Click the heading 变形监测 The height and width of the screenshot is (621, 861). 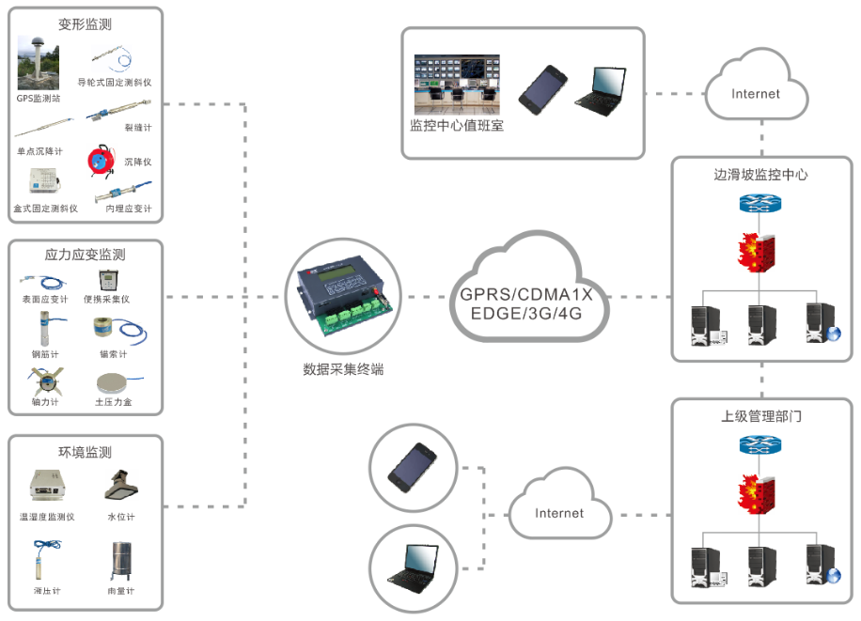[x=86, y=24]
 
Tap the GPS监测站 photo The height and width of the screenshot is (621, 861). [x=38, y=63]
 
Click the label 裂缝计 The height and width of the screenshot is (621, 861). [x=137, y=127]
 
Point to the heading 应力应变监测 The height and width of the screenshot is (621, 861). [x=86, y=255]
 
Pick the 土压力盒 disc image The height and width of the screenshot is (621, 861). [x=114, y=383]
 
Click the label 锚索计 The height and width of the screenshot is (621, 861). [x=113, y=354]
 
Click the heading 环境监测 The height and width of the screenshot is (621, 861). [x=86, y=452]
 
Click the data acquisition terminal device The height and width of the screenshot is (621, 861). [x=343, y=295]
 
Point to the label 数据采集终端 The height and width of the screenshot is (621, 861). [x=343, y=369]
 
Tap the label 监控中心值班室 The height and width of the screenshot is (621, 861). [x=457, y=125]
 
